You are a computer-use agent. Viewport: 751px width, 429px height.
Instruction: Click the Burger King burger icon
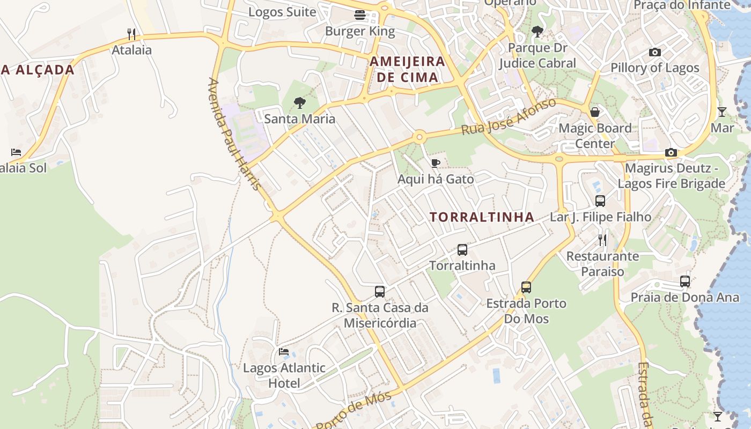click(x=359, y=15)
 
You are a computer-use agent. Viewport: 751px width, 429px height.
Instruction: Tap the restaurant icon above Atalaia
click(x=131, y=34)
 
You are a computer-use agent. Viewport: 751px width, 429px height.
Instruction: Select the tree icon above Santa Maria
click(x=299, y=103)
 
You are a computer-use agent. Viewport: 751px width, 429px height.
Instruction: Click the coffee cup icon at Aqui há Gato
click(x=436, y=163)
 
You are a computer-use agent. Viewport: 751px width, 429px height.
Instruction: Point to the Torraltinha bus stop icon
click(x=462, y=250)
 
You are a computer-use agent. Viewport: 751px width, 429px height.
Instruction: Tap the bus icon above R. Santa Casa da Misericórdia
click(x=380, y=292)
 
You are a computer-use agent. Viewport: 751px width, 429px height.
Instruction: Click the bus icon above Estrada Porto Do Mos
click(x=526, y=287)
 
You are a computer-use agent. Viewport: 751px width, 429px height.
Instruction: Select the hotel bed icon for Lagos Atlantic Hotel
click(x=284, y=352)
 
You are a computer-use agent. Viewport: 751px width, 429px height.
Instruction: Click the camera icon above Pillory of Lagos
click(x=654, y=52)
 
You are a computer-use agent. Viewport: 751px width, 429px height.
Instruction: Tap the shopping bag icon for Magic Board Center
click(x=595, y=112)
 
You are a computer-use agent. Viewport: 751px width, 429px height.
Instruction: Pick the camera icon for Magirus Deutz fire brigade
click(x=671, y=153)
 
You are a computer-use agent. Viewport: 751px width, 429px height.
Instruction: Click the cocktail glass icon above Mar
click(x=722, y=112)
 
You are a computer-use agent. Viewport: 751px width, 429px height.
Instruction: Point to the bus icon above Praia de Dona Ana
click(x=685, y=282)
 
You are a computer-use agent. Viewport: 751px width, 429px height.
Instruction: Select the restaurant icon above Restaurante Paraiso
click(x=602, y=240)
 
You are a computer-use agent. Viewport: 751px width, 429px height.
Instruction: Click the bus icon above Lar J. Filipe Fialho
click(x=600, y=201)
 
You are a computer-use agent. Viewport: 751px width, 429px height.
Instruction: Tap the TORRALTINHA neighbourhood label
click(x=482, y=217)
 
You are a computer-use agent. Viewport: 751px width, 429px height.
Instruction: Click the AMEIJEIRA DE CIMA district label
click(x=407, y=69)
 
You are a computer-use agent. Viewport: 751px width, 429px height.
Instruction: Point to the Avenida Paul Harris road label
click(x=235, y=134)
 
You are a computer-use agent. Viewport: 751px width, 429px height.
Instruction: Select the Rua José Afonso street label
click(x=509, y=117)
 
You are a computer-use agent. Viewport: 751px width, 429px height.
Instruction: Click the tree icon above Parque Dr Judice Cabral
click(x=537, y=32)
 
